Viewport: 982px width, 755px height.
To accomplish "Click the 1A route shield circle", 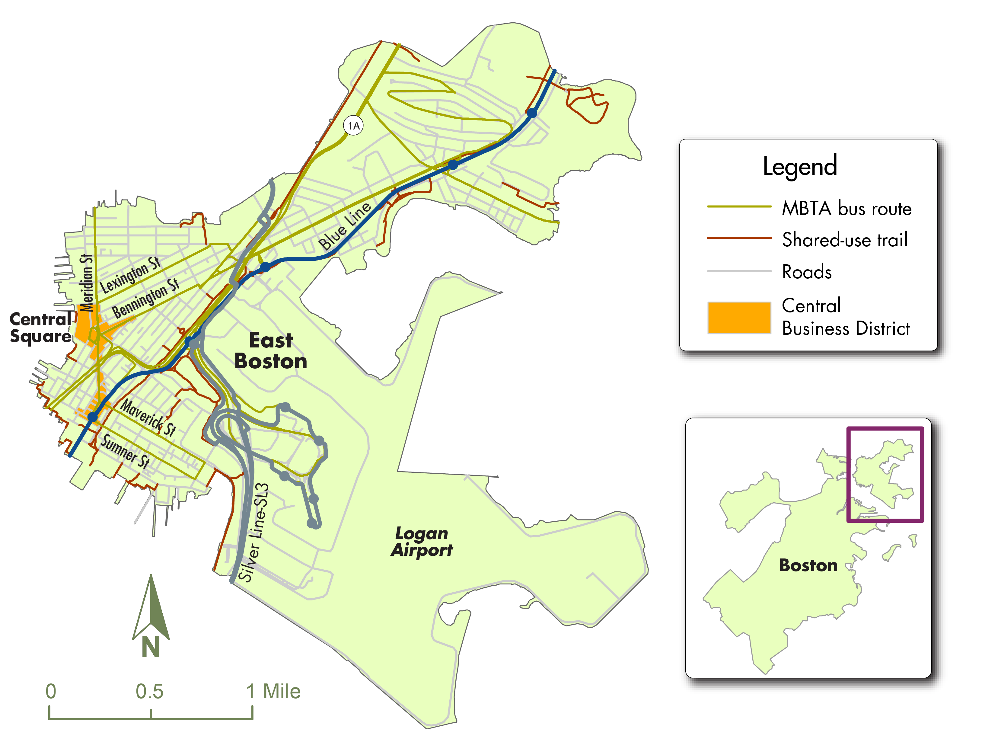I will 353,125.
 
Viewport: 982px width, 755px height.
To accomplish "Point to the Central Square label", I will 40,327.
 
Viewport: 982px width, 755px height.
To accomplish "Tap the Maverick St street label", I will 148,417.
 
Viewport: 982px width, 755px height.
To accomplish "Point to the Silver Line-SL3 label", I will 254,532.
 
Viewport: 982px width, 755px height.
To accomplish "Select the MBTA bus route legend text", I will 846,209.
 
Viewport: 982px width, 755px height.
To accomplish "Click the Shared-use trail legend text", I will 844,239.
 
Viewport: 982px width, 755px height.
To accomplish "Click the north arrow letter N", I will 151,647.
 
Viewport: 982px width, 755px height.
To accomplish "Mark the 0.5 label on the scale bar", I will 150,691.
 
